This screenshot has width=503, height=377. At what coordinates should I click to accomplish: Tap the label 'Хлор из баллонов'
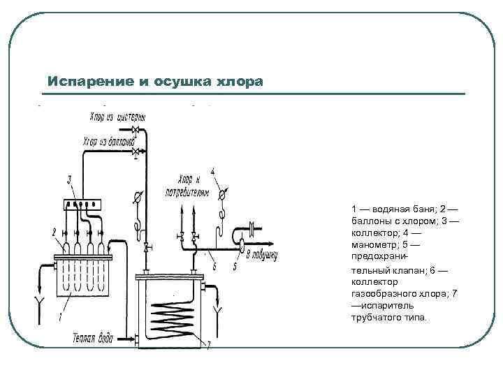point(108,142)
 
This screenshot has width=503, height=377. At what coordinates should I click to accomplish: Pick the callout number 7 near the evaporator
point(207,344)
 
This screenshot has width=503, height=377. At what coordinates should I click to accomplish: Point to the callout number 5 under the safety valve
point(235,266)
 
